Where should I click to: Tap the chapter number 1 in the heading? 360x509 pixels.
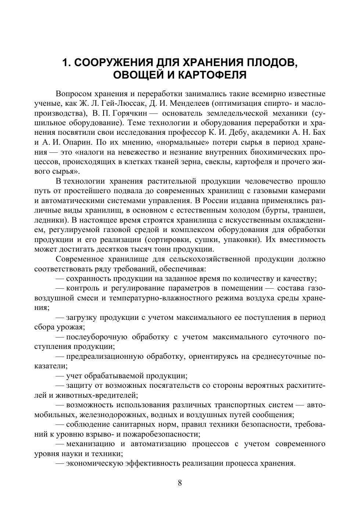pos(65,63)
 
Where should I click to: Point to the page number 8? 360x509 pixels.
pos(180,483)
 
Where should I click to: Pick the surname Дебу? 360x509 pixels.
pos(253,133)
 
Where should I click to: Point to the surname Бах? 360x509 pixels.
pos(318,133)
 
